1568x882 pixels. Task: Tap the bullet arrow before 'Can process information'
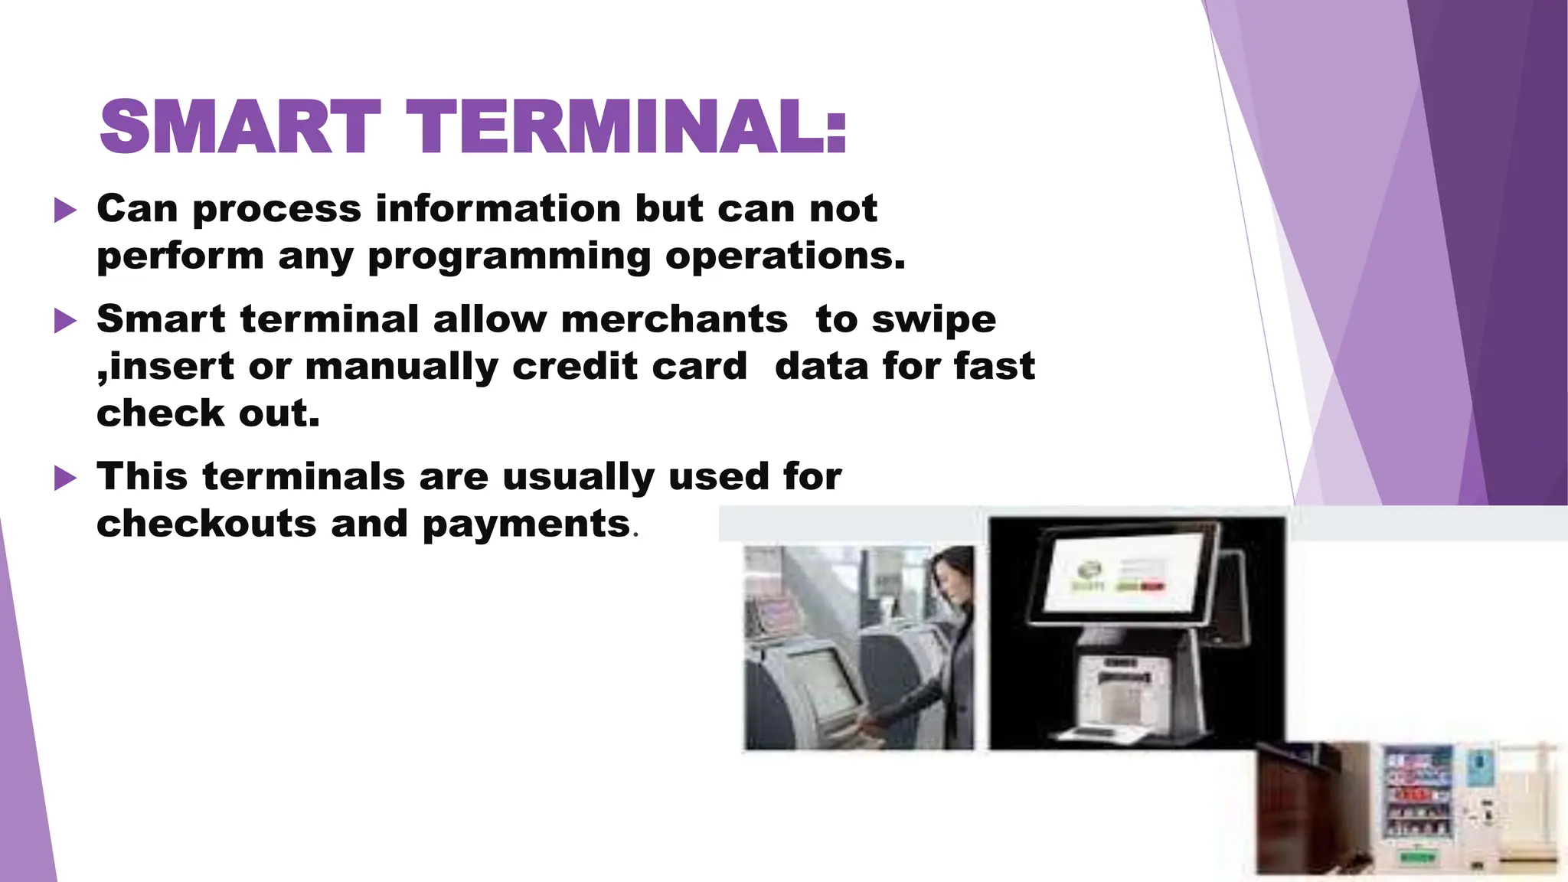(66, 210)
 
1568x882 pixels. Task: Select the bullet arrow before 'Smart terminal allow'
(66, 321)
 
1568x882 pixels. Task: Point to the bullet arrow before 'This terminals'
(66, 479)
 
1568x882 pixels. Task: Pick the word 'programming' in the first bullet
(509, 257)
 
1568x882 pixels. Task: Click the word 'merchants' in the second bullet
(674, 319)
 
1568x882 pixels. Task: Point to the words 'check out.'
(208, 414)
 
